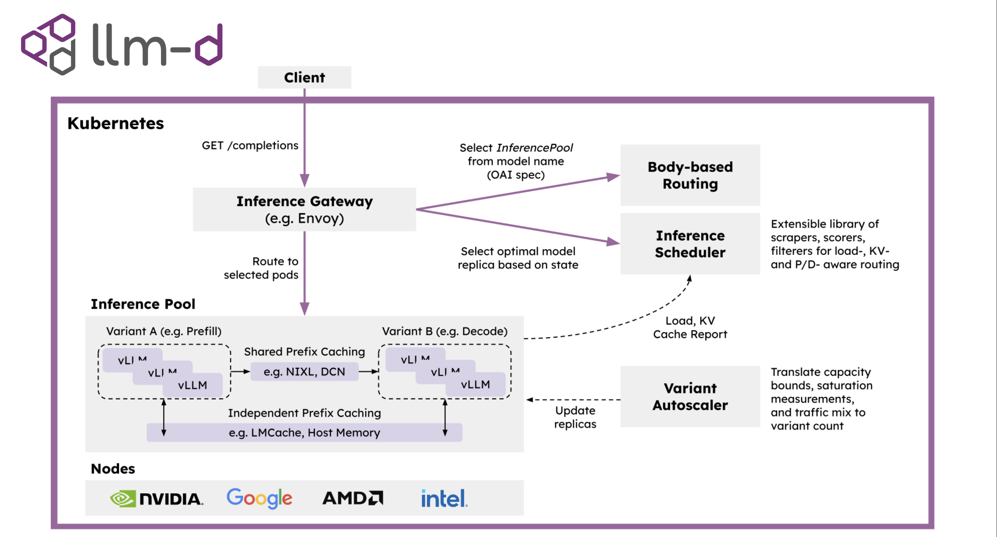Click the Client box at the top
[304, 77]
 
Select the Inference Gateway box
[304, 210]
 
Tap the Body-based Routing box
[690, 175]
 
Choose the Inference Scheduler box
[690, 244]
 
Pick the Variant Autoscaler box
[690, 396]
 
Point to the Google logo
[259, 498]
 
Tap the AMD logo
[352, 498]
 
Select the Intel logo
[444, 498]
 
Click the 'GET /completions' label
[250, 146]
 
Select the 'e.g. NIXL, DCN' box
[304, 372]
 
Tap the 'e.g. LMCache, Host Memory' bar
[304, 432]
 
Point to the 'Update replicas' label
[575, 417]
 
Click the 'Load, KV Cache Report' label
[690, 327]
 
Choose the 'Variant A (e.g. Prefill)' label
[164, 331]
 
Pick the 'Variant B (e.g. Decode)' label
[444, 331]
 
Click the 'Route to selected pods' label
[261, 268]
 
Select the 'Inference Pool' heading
[143, 304]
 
